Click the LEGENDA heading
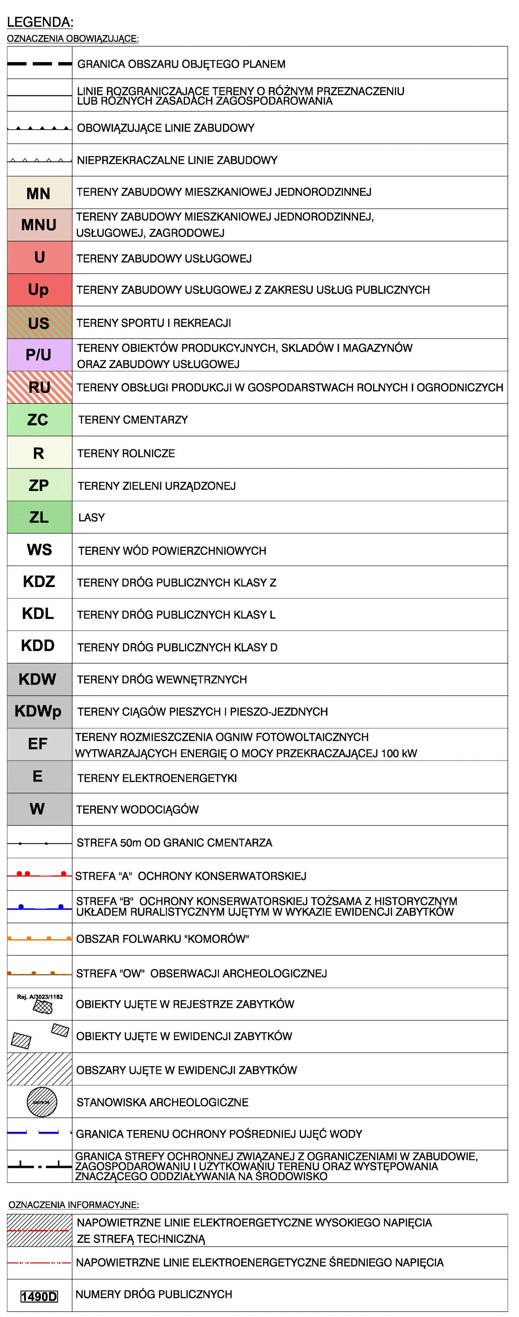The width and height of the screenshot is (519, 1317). [40, 22]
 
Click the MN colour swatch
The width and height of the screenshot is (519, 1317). [39, 193]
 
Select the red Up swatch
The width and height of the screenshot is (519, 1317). [39, 289]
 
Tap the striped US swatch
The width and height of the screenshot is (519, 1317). [39, 323]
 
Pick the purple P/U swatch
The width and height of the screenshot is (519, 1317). [39, 354]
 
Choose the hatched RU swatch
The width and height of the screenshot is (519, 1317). [39, 387]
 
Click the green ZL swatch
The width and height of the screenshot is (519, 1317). [39, 517]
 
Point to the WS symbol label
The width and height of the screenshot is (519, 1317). [39, 550]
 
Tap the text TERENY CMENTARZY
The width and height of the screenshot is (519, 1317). [133, 420]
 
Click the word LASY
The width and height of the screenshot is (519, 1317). [92, 518]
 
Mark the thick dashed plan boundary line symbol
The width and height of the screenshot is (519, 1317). [39, 64]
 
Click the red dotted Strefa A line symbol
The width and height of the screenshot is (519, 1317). [39, 874]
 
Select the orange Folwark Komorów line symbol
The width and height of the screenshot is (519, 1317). [39, 939]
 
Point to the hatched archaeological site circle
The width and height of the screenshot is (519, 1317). [42, 1102]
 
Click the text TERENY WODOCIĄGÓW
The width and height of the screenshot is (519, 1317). [137, 809]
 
